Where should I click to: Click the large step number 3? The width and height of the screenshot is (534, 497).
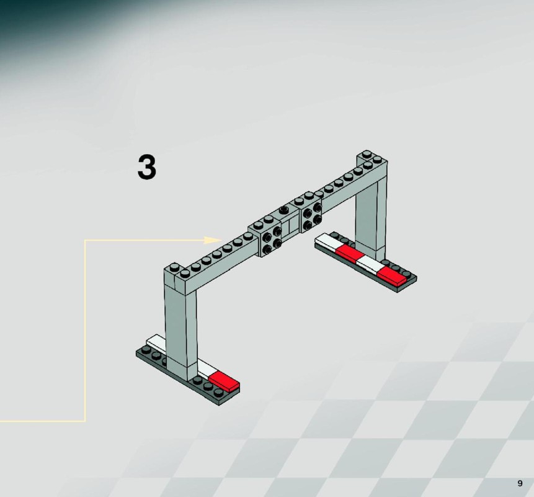(x=147, y=166)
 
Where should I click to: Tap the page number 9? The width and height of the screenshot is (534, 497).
(x=520, y=483)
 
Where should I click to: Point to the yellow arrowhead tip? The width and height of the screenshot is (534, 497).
(x=221, y=240)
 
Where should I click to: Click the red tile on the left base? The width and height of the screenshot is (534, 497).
(x=225, y=381)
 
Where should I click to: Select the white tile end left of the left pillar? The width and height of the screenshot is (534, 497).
(x=156, y=342)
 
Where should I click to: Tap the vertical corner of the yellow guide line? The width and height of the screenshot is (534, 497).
(x=85, y=240)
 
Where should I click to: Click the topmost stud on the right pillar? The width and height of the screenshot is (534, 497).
(x=367, y=154)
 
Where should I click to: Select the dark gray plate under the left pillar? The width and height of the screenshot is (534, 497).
(x=188, y=375)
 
